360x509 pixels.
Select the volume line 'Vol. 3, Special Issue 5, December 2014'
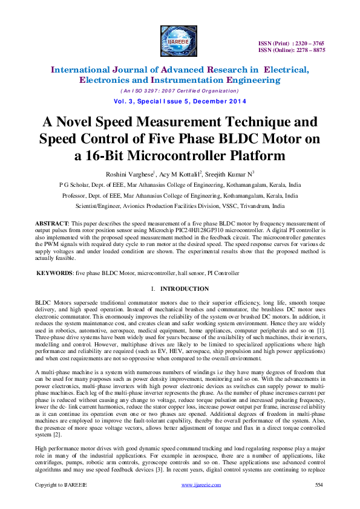point(180,101)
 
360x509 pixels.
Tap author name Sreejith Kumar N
point(222,174)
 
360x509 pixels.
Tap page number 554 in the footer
point(320,485)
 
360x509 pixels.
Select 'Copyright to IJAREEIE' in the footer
point(61,485)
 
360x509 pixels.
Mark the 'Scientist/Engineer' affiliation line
point(180,206)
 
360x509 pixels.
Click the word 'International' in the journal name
point(86,70)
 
